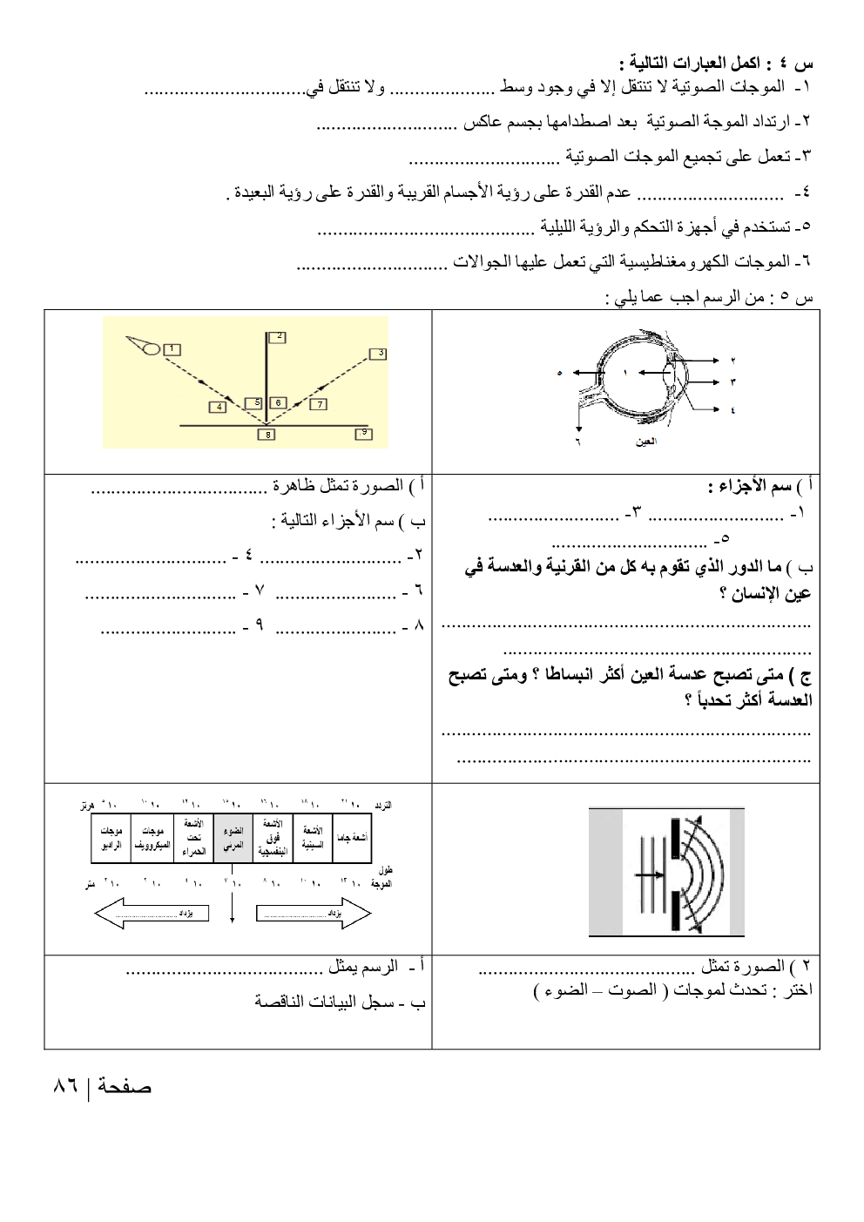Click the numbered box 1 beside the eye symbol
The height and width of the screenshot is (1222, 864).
tap(172, 349)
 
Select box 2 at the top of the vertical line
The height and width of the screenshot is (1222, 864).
tap(279, 336)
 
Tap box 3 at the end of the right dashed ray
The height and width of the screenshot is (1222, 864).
tap(377, 353)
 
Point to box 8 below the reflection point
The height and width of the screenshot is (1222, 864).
tap(267, 434)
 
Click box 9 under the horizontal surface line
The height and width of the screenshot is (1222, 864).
tap(363, 433)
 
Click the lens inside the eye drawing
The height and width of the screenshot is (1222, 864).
tap(667, 380)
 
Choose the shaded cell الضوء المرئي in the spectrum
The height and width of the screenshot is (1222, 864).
tap(232, 839)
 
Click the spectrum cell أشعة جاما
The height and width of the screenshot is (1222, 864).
tap(352, 839)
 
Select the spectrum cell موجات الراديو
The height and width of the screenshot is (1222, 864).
tap(111, 839)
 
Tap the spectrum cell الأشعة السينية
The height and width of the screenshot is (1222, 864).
tap(312, 839)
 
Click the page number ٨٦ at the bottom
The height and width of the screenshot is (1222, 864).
tap(64, 1086)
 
